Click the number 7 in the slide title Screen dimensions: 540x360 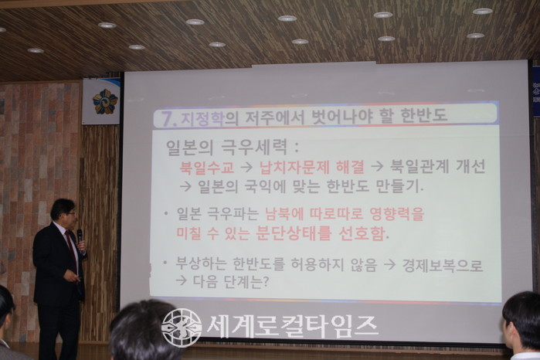tap(167, 119)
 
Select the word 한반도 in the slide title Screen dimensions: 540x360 tap(424, 115)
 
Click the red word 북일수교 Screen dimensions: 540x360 tap(207, 167)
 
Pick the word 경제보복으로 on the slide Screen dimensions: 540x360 tap(443, 266)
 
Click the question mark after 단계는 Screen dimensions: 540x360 tap(265, 283)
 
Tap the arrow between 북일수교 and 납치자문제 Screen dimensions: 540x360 tap(247, 168)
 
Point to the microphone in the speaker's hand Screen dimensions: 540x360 tap(80, 238)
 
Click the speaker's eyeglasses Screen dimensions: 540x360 tap(71, 214)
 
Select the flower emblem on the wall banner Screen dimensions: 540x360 tap(105, 102)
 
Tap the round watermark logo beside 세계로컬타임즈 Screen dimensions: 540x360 tap(182, 328)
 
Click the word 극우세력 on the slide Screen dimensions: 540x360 tap(254, 147)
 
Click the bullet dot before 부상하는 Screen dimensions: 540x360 tap(165, 263)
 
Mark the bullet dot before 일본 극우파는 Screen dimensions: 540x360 tap(166, 214)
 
